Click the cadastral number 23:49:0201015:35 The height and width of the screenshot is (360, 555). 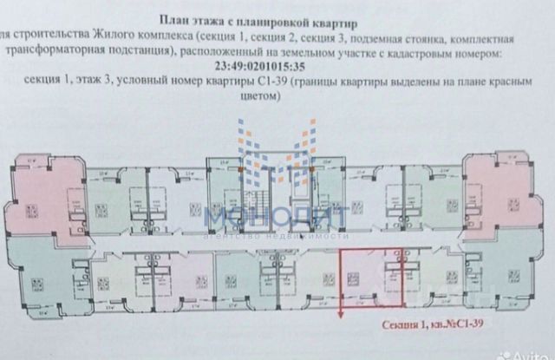[x=277, y=64]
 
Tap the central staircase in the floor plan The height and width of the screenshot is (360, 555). [x=277, y=187]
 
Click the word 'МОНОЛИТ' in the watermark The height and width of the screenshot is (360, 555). [x=277, y=213]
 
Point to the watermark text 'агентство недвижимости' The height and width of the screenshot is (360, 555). [x=277, y=234]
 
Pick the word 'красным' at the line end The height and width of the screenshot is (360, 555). [x=504, y=82]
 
